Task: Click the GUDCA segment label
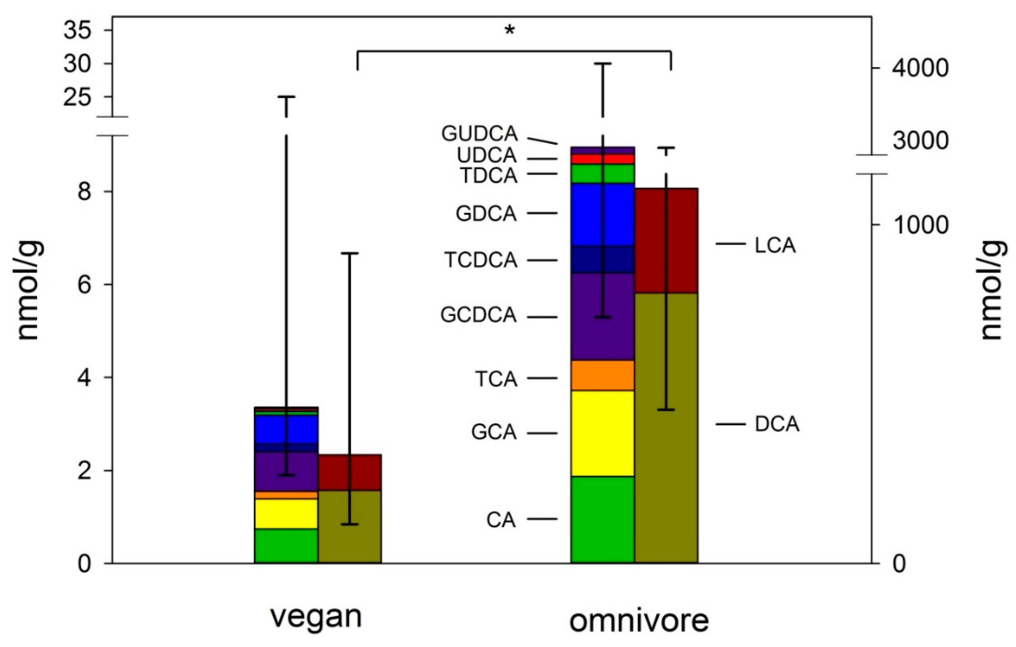tap(479, 134)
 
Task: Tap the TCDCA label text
tap(480, 260)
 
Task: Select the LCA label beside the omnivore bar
tap(775, 246)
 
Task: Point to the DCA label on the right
tap(777, 424)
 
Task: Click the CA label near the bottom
tap(501, 520)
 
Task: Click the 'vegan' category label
tap(316, 617)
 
